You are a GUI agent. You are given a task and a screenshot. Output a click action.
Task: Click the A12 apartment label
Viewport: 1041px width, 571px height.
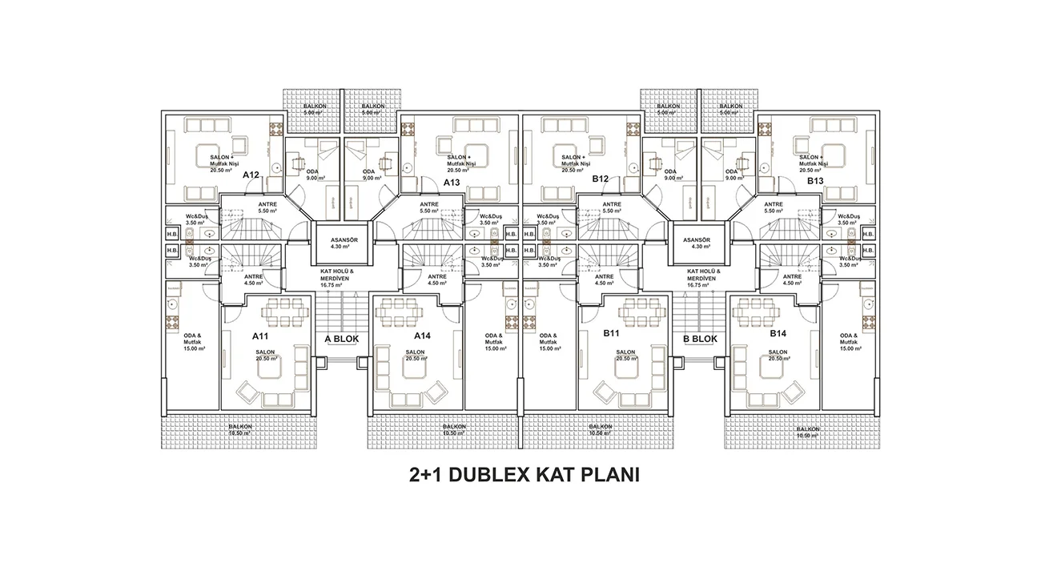tap(251, 175)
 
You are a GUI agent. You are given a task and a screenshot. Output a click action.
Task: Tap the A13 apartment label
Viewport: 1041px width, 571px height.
tap(452, 182)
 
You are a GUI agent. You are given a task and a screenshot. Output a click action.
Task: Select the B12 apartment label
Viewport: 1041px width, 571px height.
tap(601, 179)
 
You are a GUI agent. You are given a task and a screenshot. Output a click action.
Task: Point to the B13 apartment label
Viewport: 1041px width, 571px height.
tap(815, 182)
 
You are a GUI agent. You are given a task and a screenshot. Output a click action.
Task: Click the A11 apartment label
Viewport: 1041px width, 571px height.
tap(261, 336)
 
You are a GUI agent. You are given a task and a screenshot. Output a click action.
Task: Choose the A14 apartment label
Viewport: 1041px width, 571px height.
tap(423, 336)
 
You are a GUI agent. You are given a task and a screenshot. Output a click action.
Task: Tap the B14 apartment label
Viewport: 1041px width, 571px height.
tap(779, 333)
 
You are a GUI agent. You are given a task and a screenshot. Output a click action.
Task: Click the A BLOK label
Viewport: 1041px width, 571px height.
tap(342, 339)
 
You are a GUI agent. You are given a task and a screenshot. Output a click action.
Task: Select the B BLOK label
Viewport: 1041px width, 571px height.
tap(700, 339)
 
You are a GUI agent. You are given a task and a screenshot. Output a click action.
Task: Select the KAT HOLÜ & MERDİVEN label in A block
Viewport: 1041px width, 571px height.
tap(342, 276)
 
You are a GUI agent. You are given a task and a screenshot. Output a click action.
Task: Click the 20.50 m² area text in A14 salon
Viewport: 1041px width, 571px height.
tap(415, 360)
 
